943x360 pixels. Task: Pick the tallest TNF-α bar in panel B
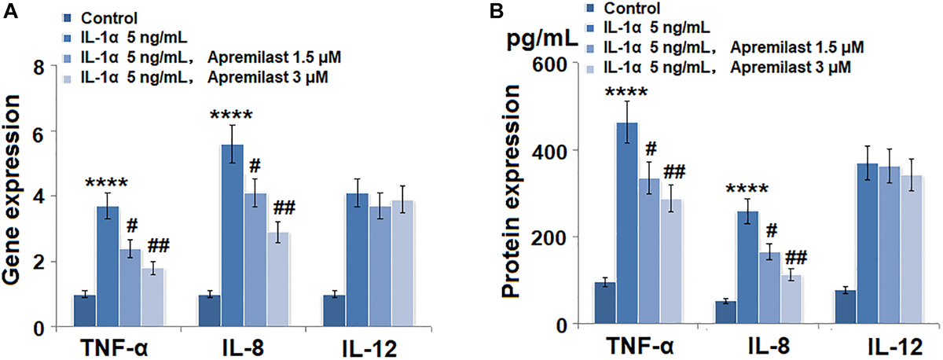pos(626,223)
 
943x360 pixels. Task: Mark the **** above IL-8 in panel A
pos(231,116)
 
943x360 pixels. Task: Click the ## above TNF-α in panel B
pos(675,172)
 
